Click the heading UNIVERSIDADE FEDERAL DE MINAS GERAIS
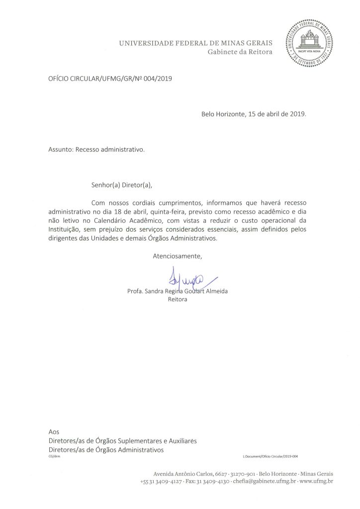(x=195, y=44)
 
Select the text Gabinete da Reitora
(x=240, y=53)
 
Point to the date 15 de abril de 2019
(x=277, y=113)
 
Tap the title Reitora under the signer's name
(x=178, y=300)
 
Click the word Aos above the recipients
(x=53, y=432)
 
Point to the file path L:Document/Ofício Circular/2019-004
(x=270, y=456)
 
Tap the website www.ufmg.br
(x=317, y=482)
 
